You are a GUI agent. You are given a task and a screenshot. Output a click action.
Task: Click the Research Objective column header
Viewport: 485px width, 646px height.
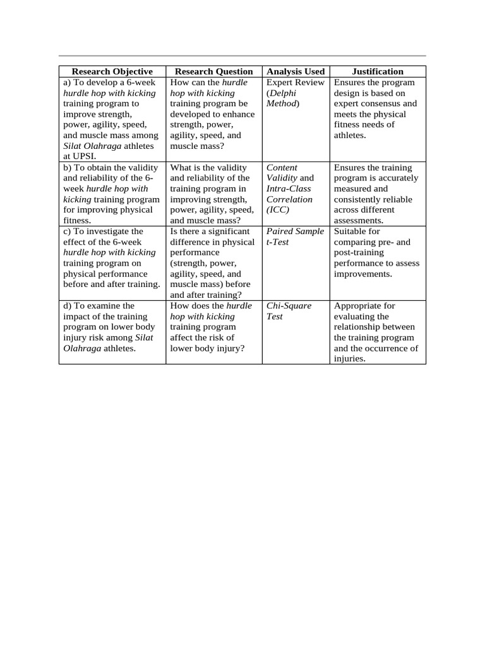112,71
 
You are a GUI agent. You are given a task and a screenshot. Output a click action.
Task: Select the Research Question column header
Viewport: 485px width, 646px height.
213,71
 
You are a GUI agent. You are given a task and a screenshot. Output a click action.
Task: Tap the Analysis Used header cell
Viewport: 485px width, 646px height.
296,71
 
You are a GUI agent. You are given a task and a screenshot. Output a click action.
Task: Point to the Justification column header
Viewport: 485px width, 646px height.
378,71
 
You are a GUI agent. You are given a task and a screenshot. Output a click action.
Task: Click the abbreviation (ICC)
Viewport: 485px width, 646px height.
278,210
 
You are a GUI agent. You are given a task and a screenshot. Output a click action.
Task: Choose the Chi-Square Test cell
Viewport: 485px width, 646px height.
289,311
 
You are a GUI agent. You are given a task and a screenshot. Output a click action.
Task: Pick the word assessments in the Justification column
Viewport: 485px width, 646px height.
358,221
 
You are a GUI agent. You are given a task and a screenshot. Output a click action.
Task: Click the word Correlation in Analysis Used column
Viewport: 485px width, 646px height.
289,199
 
